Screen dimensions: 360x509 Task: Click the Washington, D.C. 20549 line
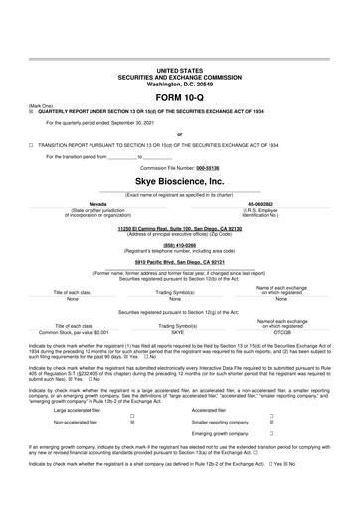[179, 84]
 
